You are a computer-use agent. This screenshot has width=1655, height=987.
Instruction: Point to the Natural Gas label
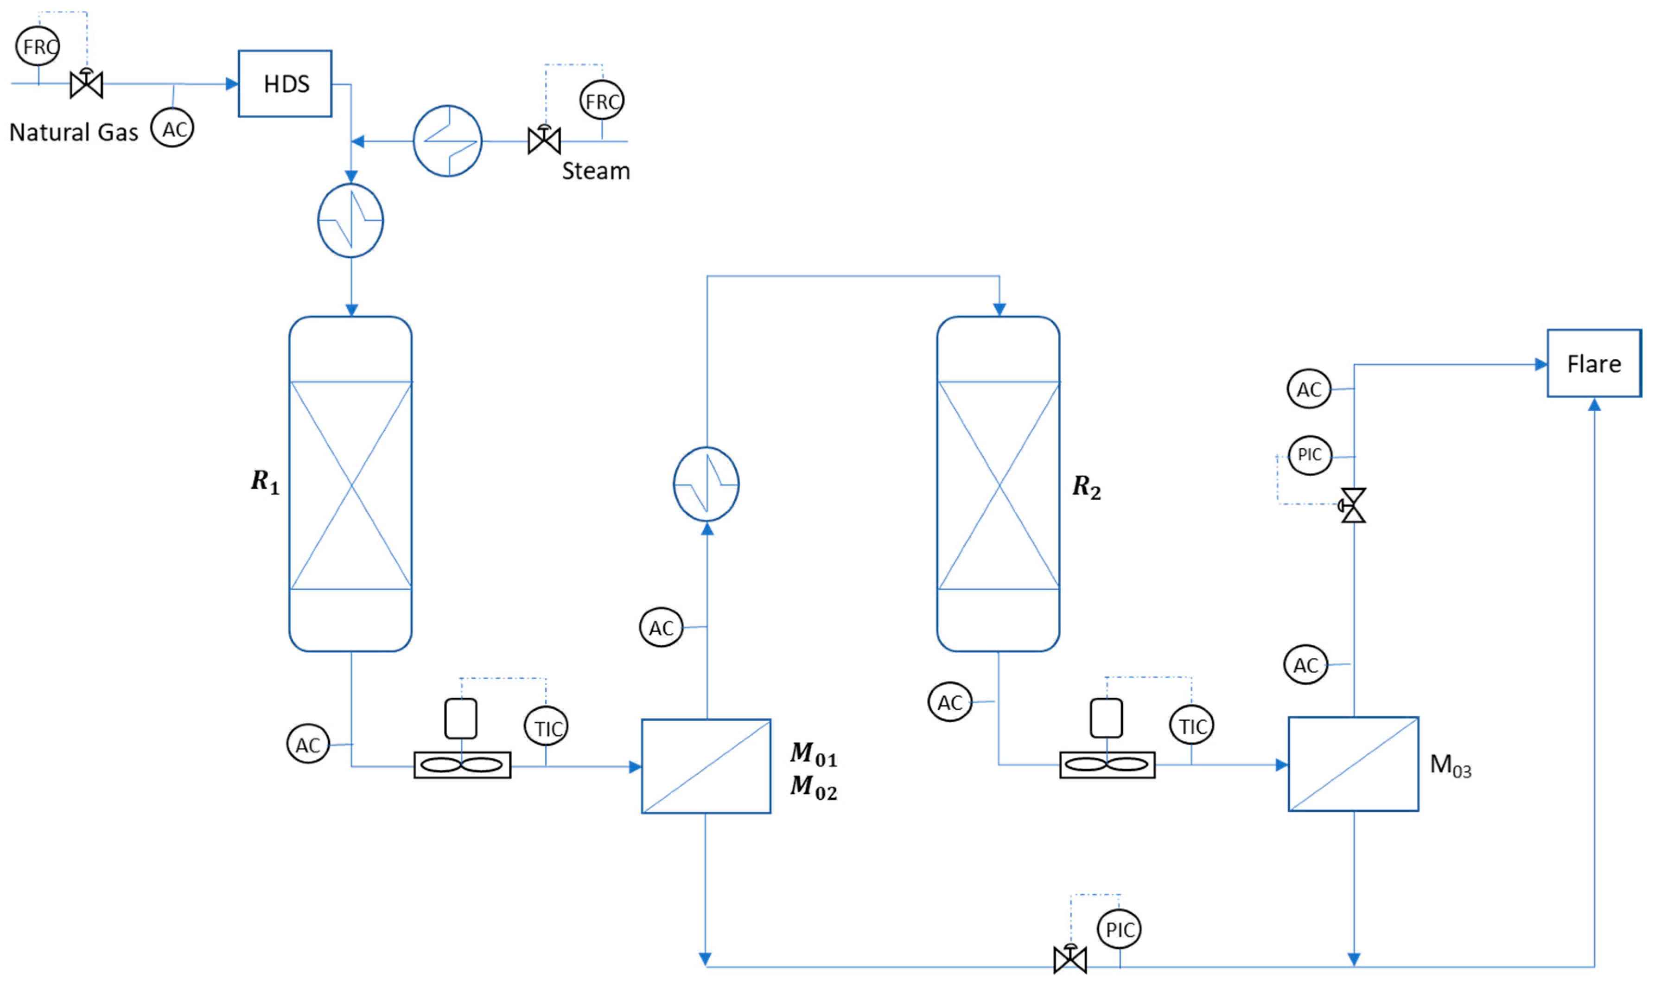(x=74, y=132)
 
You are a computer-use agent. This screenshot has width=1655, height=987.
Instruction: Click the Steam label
(x=596, y=171)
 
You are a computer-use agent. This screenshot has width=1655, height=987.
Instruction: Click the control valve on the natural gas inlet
(x=86, y=83)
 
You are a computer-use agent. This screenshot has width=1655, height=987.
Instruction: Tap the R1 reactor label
(x=265, y=482)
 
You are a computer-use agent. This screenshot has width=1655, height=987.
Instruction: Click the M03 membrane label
(x=1450, y=765)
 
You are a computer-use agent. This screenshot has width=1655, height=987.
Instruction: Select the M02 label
(x=813, y=787)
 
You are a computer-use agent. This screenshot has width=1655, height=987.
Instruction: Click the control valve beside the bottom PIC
(x=1070, y=958)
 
